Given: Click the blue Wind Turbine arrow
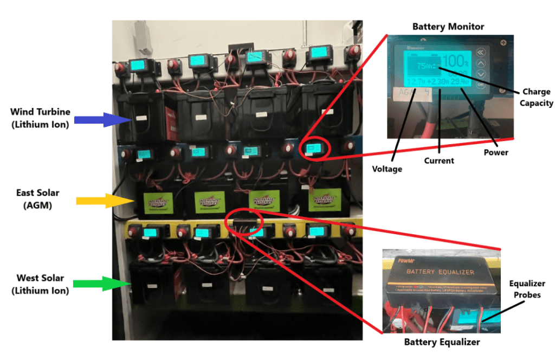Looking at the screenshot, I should pyautogui.click(x=100, y=120).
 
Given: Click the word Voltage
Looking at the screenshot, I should pyautogui.click(x=387, y=169).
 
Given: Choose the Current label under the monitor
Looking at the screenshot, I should pyautogui.click(x=439, y=160).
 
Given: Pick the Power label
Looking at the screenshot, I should pyautogui.click(x=496, y=152).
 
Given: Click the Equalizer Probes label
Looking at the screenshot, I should pyautogui.click(x=527, y=288).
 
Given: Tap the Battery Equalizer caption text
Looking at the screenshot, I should pyautogui.click(x=442, y=342).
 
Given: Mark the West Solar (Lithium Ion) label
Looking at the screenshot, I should pyautogui.click(x=40, y=284).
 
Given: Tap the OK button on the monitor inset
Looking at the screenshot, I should pyautogui.click(x=480, y=85).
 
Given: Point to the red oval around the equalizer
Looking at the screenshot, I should pyautogui.click(x=242, y=222).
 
